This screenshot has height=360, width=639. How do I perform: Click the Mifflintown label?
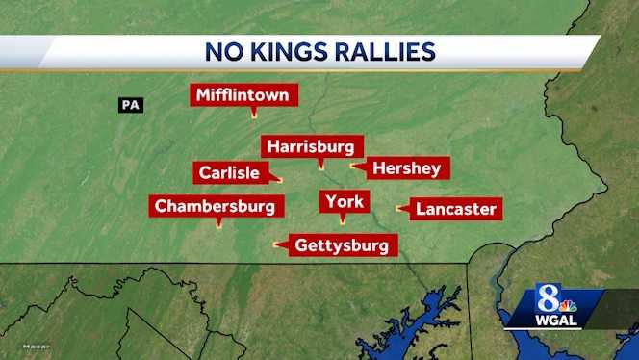point(244,95)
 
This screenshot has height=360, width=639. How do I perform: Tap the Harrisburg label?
point(312,146)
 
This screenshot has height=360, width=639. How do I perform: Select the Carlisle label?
point(228,173)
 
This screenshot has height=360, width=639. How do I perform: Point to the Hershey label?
point(406,168)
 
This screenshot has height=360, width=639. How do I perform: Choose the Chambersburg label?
point(217,205)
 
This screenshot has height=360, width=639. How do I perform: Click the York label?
point(344,201)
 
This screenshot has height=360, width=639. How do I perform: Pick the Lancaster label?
point(456,208)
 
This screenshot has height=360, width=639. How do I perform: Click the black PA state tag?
point(131,104)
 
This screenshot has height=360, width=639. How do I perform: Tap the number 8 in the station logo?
point(548,296)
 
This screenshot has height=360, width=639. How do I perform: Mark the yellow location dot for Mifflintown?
point(253,116)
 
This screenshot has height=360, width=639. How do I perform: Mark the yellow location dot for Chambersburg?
point(217,224)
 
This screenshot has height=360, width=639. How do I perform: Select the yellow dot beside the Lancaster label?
point(399,208)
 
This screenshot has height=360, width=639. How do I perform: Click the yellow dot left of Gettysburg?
point(277,244)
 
